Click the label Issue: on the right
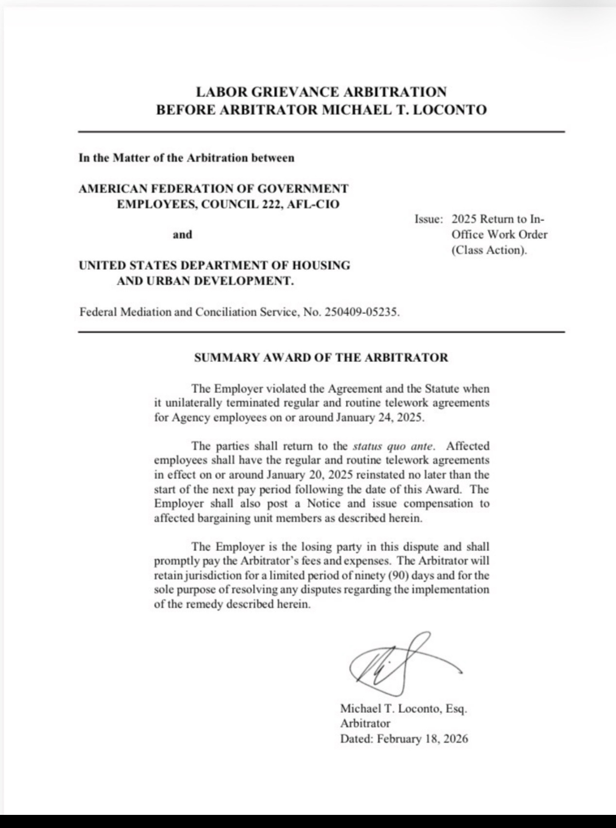(428, 219)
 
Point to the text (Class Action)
(489, 250)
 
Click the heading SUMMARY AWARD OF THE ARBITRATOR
(321, 358)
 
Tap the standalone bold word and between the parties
(183, 235)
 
